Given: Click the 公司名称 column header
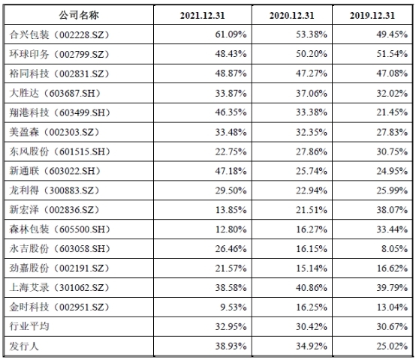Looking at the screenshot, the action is tap(79, 15).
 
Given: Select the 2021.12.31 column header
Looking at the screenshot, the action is tap(203, 15).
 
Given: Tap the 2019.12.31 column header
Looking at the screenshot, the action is tap(372, 15).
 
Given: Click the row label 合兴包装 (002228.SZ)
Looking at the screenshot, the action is tap(59, 34).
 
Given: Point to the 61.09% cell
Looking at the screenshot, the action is tap(231, 34).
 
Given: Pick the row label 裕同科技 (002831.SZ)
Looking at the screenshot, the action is tap(59, 73).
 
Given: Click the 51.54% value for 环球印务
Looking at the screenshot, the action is tap(392, 54).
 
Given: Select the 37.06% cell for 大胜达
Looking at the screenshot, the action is tap(312, 93).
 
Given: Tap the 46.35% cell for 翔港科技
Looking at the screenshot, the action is tap(231, 112).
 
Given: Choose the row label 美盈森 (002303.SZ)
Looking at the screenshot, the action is tap(54, 132).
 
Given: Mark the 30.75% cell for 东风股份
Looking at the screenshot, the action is tap(392, 151).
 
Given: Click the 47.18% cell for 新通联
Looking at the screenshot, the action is tap(231, 171).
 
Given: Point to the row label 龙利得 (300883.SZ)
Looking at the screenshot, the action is tap(54, 190).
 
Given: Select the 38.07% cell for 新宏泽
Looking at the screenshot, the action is tap(392, 210).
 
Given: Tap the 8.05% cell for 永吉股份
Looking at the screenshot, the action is tap(395, 249).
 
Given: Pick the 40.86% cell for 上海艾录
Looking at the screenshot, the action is tap(312, 288).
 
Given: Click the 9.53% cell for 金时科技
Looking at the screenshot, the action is tap(234, 307).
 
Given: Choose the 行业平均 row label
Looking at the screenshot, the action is tap(29, 326).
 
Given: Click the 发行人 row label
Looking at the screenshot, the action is tap(24, 346).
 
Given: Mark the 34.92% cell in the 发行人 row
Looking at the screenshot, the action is tap(312, 346).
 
